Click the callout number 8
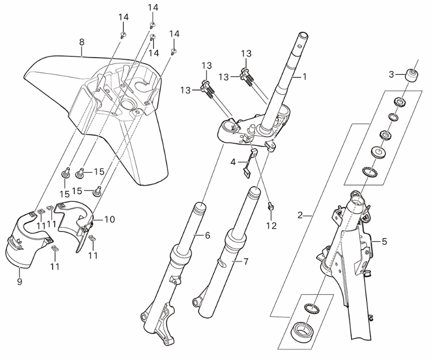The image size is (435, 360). coord(81,41)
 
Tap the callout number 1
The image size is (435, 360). coord(304,77)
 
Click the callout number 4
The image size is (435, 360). coord(233,161)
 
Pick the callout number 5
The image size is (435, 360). coord(384,242)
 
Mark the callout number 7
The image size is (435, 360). coord(246,262)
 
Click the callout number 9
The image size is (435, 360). coord(19,281)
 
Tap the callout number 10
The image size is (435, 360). coord(110,220)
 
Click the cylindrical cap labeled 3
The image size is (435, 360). coord(412,73)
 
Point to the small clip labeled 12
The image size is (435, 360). coord(271,206)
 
